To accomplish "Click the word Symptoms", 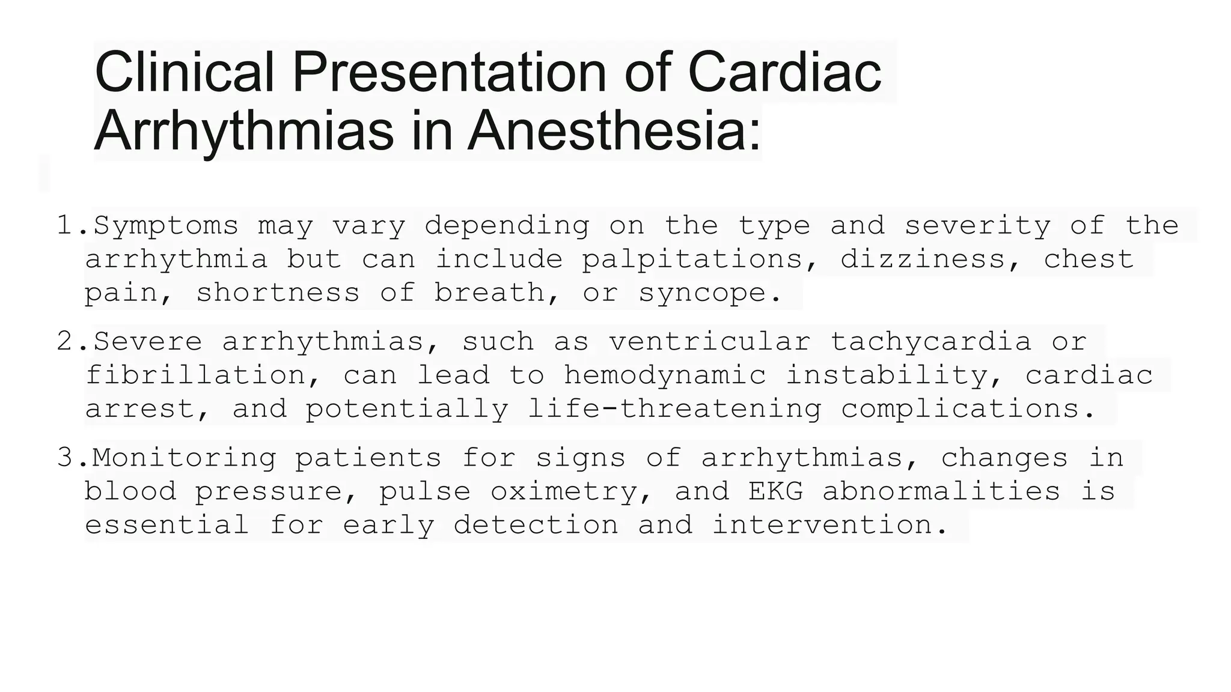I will point(166,226).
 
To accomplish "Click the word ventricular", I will point(710,342).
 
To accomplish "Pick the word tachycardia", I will point(931,342).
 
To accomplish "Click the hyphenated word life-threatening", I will point(675,409).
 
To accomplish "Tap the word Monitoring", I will point(184,458).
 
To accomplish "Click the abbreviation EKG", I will point(776,491).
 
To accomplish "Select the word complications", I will point(968,409).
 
